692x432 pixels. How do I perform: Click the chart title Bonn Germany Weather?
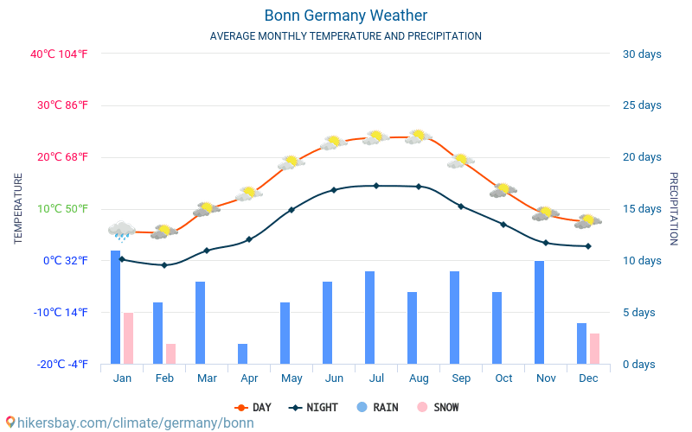[346, 16]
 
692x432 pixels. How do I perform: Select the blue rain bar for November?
[539, 312]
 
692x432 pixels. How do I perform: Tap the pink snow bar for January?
[128, 338]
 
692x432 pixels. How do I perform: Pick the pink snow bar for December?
[594, 348]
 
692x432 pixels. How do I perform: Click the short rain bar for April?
[242, 353]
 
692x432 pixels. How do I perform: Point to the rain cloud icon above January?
[122, 230]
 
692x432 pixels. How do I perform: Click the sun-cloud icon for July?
[376, 137]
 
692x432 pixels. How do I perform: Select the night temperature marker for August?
[419, 187]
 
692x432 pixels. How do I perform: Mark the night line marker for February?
[164, 265]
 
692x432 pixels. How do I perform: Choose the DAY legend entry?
[253, 408]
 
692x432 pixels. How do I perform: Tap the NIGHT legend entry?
[314, 408]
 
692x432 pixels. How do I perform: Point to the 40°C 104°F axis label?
[59, 54]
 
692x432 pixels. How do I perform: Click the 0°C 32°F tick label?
[66, 261]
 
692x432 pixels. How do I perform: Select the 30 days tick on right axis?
[642, 54]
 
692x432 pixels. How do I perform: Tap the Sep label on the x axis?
[461, 378]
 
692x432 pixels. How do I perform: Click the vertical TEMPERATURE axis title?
[18, 208]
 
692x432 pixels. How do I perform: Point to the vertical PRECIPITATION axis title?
[674, 208]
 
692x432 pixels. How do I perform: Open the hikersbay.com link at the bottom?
[130, 422]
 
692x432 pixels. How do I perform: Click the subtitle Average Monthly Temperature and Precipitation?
[346, 36]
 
